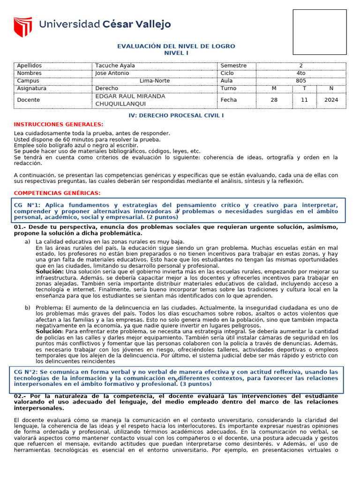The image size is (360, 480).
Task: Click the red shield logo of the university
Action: [22, 27]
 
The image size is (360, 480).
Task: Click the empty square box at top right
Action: [320, 32]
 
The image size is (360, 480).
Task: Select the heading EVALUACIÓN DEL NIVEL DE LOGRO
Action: [176, 46]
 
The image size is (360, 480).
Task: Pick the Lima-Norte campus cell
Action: [155, 81]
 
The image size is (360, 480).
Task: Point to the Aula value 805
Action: [301, 81]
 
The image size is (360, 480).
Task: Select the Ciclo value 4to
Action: [301, 73]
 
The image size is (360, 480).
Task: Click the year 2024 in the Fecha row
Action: [331, 100]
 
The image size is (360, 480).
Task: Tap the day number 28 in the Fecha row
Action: [274, 100]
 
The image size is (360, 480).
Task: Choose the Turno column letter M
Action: [274, 88]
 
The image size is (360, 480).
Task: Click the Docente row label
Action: [28, 100]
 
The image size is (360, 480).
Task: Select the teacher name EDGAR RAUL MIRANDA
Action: [130, 96]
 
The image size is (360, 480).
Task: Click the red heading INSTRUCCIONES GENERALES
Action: [59, 124]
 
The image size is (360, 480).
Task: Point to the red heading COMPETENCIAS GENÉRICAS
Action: [57, 193]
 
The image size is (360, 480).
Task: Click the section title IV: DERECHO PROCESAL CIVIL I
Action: [176, 115]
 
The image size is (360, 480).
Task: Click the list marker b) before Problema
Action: [27, 307]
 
